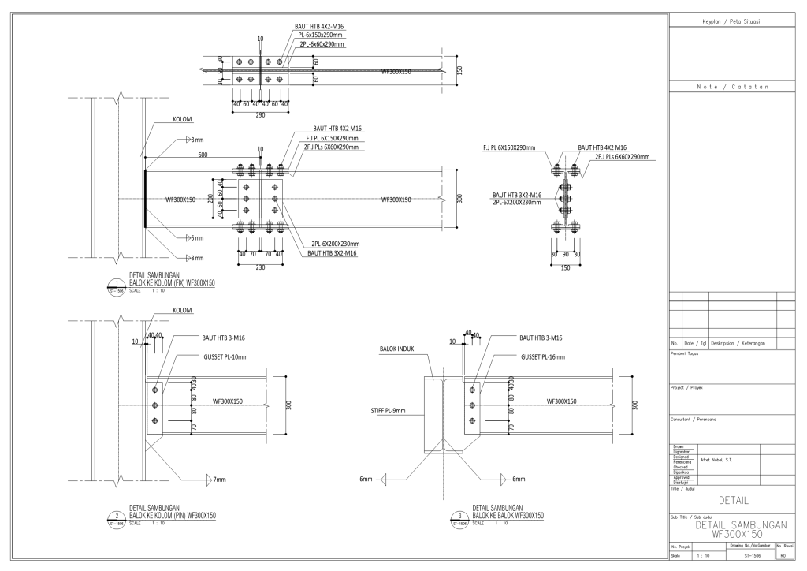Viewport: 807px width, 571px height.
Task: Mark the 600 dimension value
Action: point(203,155)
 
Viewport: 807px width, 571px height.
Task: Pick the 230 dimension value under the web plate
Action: point(260,267)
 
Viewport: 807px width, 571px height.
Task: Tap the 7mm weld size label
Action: point(220,479)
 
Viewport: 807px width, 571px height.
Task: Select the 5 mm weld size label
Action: point(198,237)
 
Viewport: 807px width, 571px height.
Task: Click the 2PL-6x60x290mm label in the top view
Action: point(321,45)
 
